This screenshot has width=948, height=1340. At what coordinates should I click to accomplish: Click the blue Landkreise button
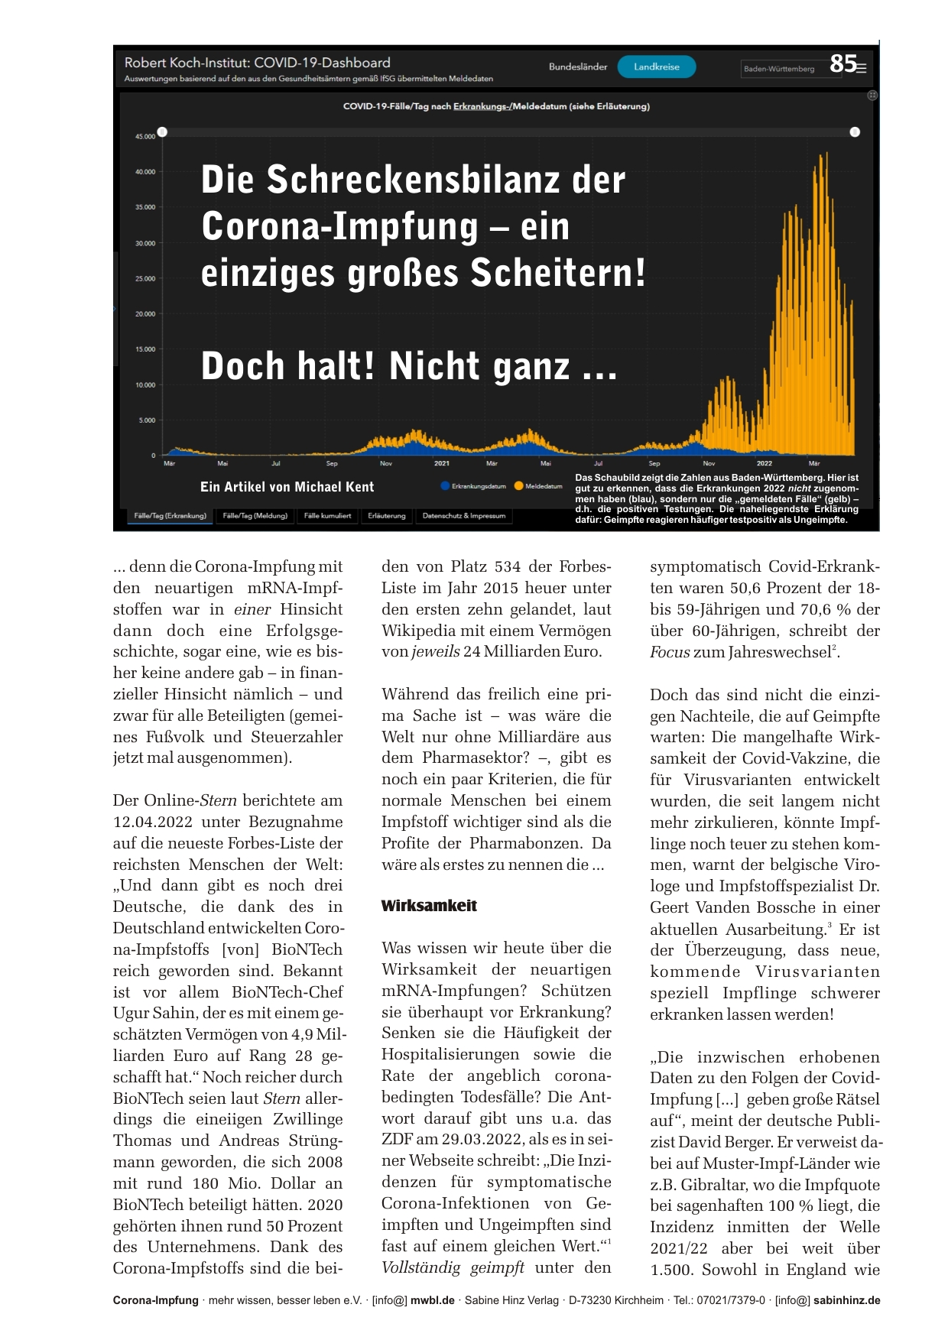click(657, 67)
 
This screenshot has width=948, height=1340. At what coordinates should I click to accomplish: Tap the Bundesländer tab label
click(578, 67)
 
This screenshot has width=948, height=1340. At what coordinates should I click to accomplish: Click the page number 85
click(842, 63)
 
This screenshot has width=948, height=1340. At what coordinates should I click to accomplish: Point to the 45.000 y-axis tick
click(145, 136)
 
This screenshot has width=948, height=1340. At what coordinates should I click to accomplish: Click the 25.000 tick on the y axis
click(145, 278)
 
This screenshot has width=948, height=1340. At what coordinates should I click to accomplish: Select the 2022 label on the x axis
click(764, 463)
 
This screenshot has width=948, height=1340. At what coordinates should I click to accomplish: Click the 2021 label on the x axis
click(442, 463)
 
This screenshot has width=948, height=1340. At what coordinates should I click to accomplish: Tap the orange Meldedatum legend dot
click(518, 486)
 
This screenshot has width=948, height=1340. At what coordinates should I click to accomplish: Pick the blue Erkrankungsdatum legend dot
click(445, 486)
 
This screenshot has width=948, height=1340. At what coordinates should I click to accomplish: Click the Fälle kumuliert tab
click(327, 516)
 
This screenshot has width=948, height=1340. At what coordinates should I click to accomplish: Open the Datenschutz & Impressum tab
click(463, 516)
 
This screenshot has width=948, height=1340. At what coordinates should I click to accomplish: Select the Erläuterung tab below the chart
click(387, 516)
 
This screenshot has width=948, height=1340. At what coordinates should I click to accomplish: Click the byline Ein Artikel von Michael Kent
click(287, 487)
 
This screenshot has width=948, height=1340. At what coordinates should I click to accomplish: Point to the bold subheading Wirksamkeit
click(429, 906)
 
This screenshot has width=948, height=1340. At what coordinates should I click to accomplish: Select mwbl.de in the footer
click(433, 1300)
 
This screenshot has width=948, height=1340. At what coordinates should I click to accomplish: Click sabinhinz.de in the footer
click(846, 1300)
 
